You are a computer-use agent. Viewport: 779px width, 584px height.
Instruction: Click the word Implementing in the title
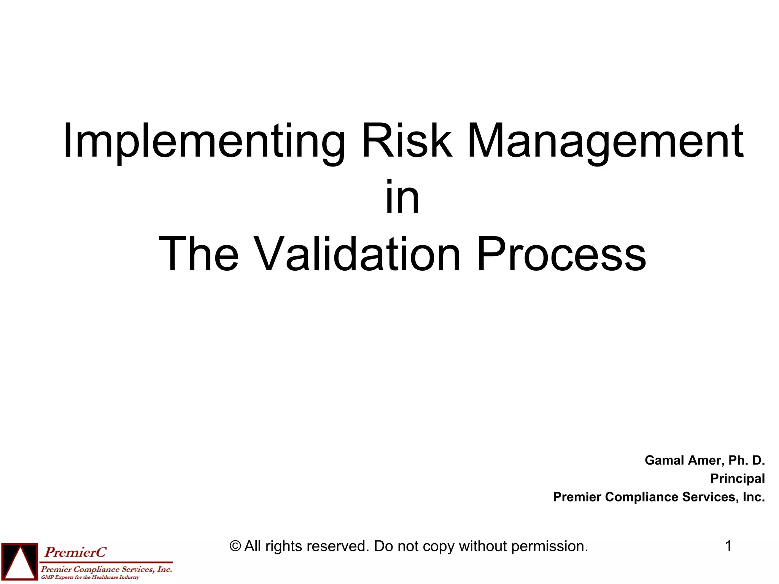[x=204, y=141]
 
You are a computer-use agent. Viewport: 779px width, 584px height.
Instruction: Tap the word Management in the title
[x=605, y=141]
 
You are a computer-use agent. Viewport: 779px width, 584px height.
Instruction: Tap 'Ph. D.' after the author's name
[x=746, y=460]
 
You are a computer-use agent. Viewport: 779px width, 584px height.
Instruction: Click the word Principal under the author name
[x=737, y=479]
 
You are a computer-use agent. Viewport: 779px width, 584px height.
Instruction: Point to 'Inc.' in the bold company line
[x=754, y=497]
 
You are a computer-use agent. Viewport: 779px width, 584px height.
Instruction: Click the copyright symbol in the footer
[x=235, y=546]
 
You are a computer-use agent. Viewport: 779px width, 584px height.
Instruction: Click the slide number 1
[x=728, y=546]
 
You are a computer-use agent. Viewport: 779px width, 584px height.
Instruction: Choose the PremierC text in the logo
[x=76, y=552]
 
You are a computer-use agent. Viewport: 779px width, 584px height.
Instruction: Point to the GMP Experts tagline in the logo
[x=90, y=578]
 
